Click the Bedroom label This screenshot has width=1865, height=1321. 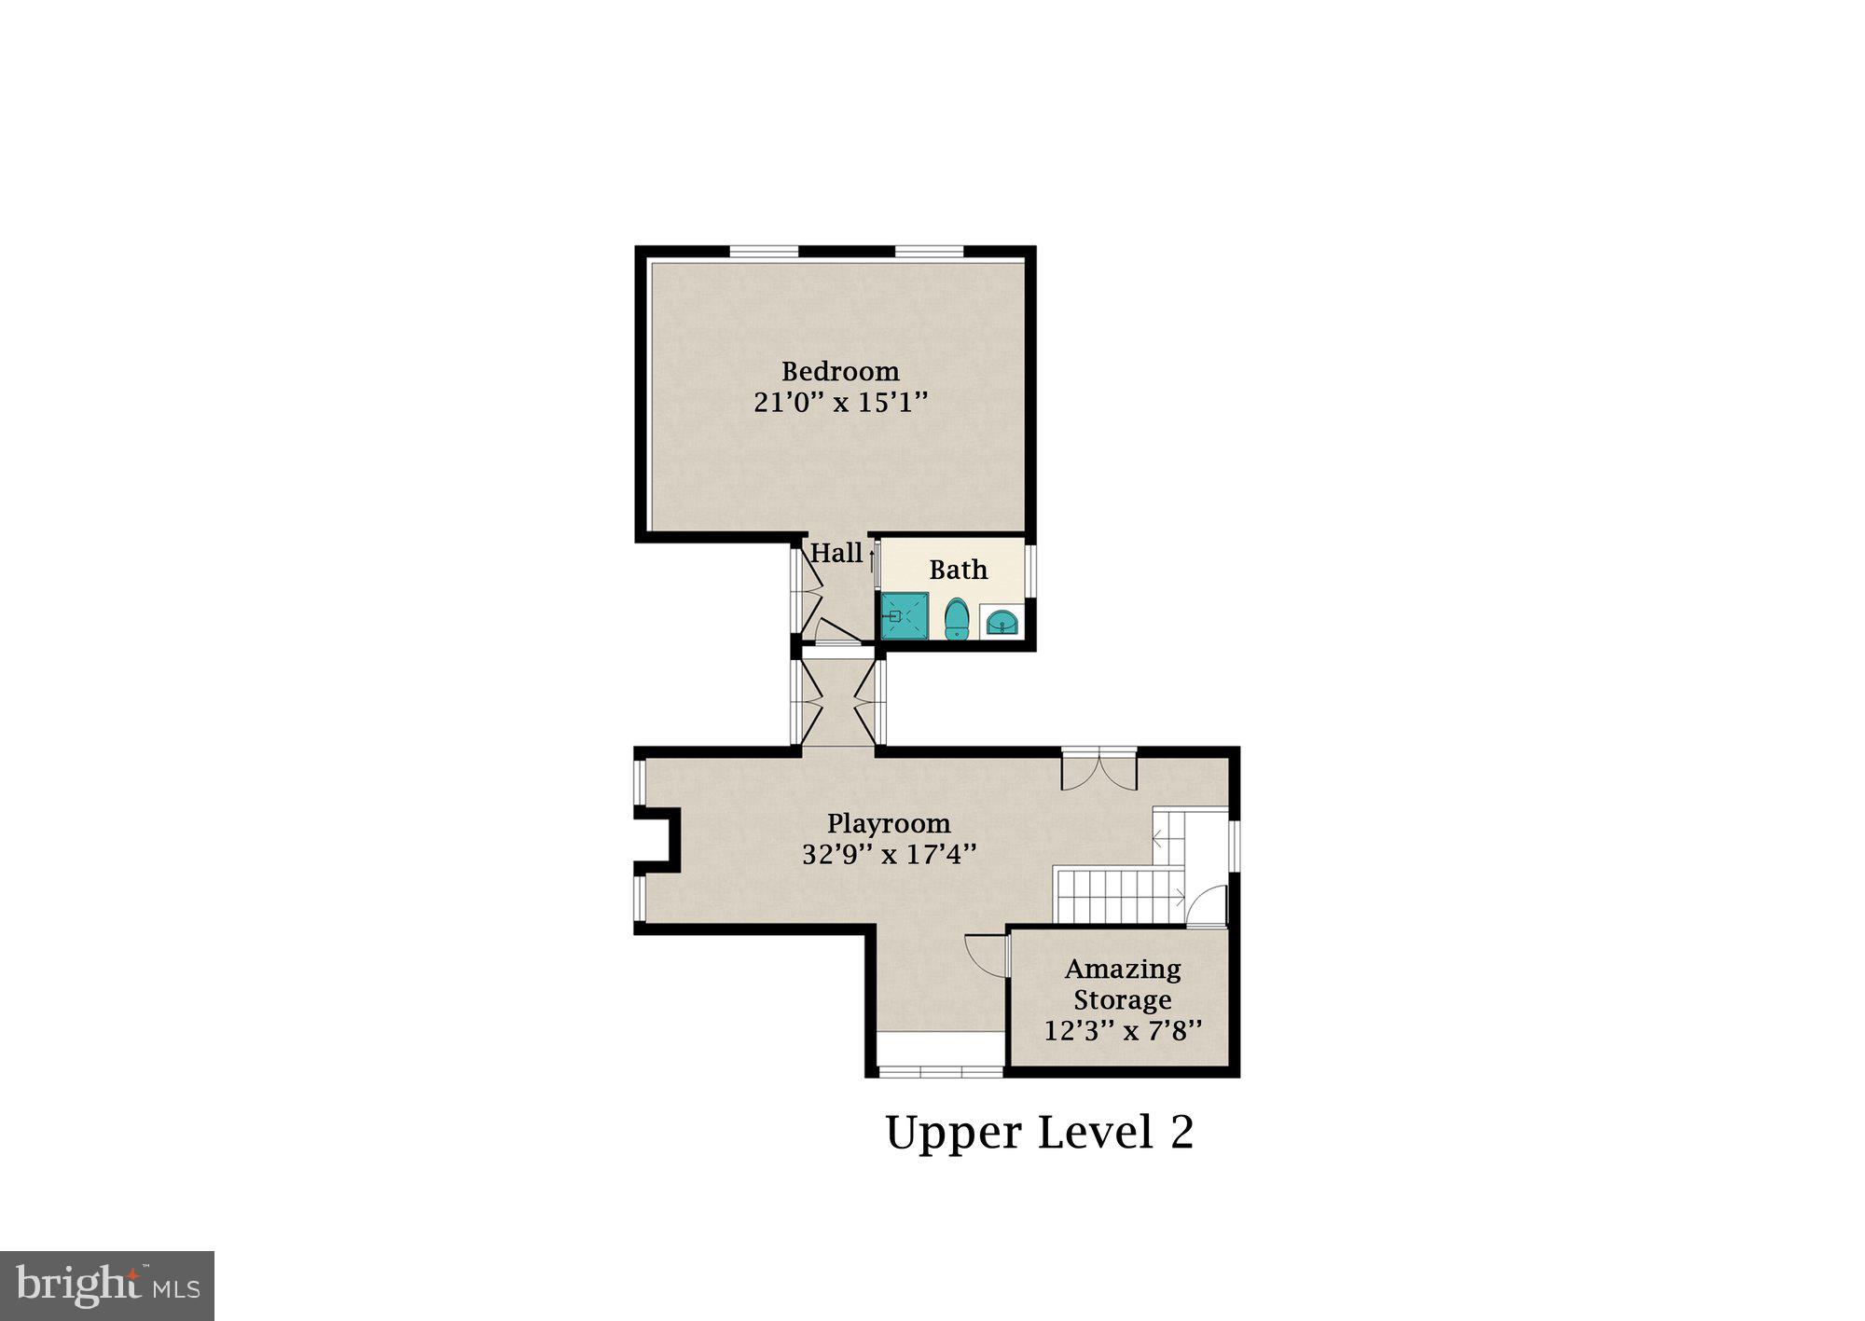840,371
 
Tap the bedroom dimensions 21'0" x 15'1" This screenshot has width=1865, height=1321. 840,403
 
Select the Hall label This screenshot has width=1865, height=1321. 836,553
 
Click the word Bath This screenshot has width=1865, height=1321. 958,570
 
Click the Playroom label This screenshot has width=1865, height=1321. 889,823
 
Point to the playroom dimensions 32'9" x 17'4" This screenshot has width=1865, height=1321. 889,854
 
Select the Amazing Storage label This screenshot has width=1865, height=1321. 1123,984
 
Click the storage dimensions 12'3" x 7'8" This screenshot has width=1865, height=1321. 1123,1031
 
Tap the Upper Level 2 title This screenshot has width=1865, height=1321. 1039,1132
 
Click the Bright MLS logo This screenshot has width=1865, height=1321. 107,1286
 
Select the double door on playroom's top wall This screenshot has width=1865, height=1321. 1099,768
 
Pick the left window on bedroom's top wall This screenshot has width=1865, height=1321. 764,251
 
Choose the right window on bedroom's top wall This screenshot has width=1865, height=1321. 929,251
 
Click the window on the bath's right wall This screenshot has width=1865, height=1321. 1030,570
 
